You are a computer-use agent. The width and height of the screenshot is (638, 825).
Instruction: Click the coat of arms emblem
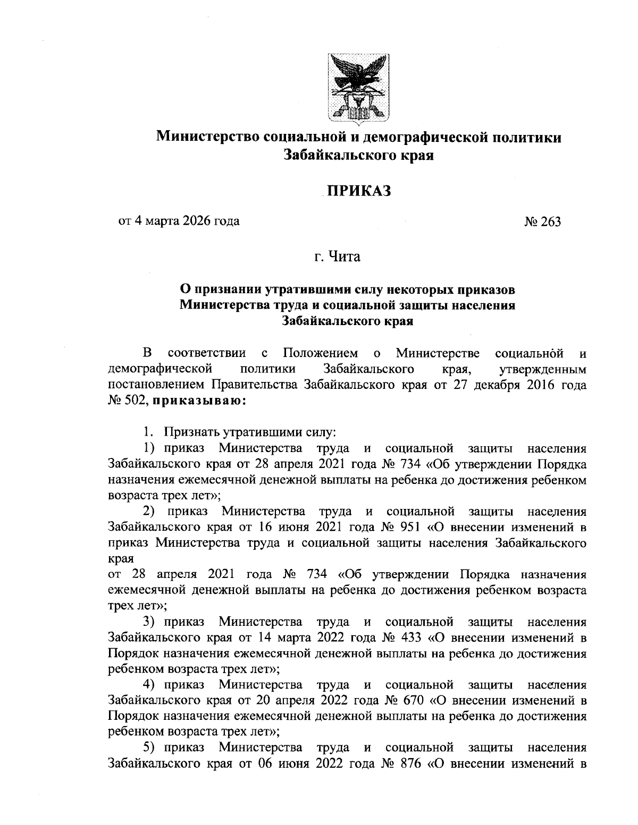358,86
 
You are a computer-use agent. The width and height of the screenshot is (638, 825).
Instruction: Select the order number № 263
542,222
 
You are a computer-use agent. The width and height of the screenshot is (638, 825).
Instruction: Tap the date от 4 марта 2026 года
179,220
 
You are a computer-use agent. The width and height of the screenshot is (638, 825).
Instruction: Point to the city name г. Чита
337,258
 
